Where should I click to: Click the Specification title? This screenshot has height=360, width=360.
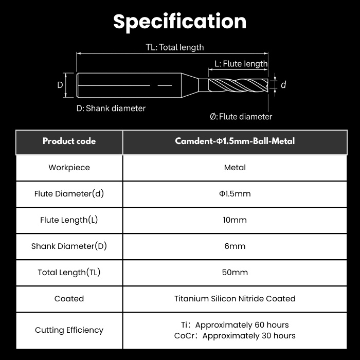pyautogui.click(x=180, y=22)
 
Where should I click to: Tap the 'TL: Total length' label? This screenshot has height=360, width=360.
pyautogui.click(x=175, y=47)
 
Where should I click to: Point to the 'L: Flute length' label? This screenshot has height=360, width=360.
pyautogui.click(x=241, y=64)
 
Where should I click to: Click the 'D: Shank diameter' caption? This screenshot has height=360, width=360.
pyautogui.click(x=111, y=108)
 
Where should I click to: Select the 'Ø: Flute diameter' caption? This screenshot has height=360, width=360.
pyautogui.click(x=241, y=117)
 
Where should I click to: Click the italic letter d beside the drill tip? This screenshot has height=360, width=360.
pyautogui.click(x=283, y=85)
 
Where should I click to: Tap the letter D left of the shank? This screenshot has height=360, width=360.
pyautogui.click(x=60, y=85)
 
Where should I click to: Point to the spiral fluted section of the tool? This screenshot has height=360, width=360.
pyautogui.click(x=238, y=85)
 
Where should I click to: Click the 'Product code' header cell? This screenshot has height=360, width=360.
pyautogui.click(x=69, y=141)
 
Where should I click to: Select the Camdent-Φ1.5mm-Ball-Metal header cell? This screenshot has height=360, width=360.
pyautogui.click(x=235, y=141)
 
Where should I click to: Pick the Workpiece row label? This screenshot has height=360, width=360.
pyautogui.click(x=69, y=168)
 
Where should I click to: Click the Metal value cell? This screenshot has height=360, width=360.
pyautogui.click(x=235, y=168)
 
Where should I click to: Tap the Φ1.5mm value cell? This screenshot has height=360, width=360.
pyautogui.click(x=235, y=194)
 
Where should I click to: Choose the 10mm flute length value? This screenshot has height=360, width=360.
pyautogui.click(x=235, y=220)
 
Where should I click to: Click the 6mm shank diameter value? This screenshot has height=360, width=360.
pyautogui.click(x=235, y=246)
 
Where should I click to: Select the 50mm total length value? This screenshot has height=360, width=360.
pyautogui.click(x=235, y=273)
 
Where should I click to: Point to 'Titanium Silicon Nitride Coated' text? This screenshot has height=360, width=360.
pyautogui.click(x=235, y=299)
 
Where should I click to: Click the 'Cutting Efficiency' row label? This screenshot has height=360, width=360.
pyautogui.click(x=69, y=330)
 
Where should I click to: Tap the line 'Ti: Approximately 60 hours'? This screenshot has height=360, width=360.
pyautogui.click(x=235, y=325)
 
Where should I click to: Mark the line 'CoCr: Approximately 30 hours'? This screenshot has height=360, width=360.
pyautogui.click(x=235, y=336)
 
